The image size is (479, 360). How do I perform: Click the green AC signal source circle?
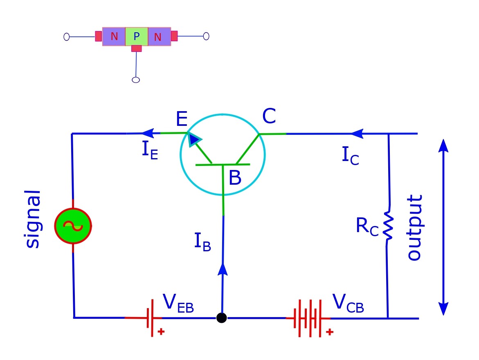click(x=73, y=226)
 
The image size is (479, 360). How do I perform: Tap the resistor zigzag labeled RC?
click(x=387, y=226)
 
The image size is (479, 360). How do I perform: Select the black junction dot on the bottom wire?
click(x=221, y=318)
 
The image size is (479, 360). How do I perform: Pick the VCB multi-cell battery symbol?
click(x=309, y=318)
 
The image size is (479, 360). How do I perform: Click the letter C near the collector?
click(x=269, y=117)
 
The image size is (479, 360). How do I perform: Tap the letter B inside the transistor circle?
click(x=235, y=178)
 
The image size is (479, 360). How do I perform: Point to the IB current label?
click(x=202, y=242)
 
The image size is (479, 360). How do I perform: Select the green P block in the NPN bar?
click(x=137, y=37)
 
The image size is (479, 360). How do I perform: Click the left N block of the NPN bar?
click(x=114, y=37)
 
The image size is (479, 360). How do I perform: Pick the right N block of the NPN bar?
click(x=159, y=37)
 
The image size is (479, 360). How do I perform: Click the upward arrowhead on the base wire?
click(x=223, y=269)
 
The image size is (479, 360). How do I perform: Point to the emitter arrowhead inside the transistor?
click(x=194, y=140)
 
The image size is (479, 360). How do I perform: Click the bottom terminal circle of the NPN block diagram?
click(x=136, y=80)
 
